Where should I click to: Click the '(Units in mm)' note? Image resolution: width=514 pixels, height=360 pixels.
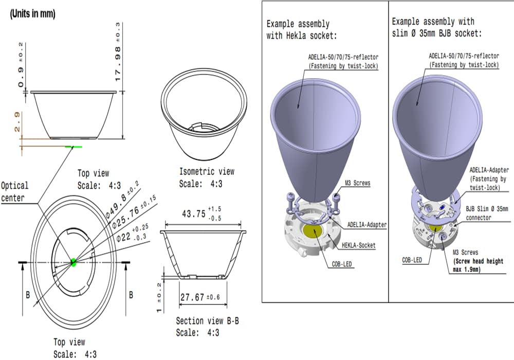32,14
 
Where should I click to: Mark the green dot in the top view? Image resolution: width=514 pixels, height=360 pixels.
74,262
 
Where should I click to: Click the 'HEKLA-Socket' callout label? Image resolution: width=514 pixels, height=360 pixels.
358,246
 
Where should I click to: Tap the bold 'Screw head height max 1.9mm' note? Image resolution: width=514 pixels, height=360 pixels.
483,265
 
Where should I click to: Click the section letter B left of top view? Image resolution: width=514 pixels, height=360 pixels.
28,295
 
